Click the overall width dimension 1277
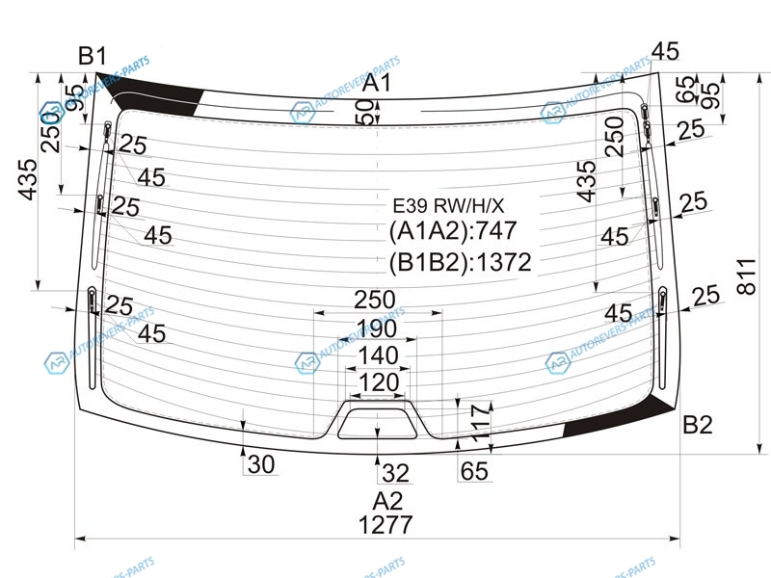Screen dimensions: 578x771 tap(385, 526)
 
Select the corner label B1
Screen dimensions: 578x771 tap(93, 57)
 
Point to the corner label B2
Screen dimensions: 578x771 tap(698, 425)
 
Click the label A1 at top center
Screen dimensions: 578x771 tap(378, 84)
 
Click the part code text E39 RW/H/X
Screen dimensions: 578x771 tap(448, 205)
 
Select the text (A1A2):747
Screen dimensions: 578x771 tap(453, 232)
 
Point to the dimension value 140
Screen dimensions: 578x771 tap(378, 356)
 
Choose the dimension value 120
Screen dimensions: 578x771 tap(378, 383)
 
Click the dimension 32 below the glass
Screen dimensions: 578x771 tap(395, 473)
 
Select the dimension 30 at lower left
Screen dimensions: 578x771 tap(261, 465)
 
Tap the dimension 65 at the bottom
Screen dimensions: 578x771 tap(473, 471)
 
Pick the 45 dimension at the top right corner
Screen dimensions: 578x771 tap(665, 50)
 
